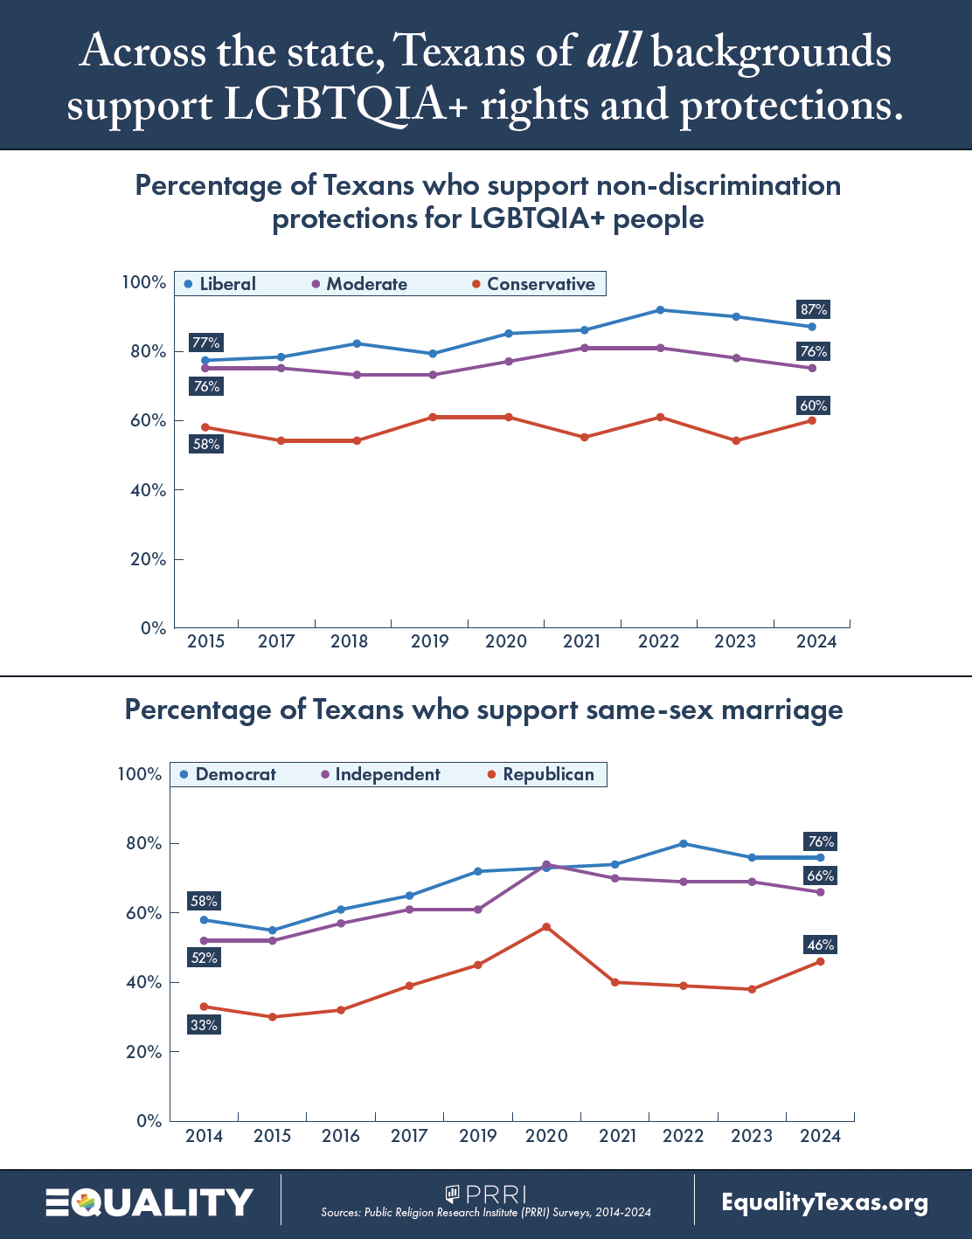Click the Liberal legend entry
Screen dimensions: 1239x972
pyautogui.click(x=220, y=284)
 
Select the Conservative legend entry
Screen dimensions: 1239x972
pyautogui.click(x=533, y=284)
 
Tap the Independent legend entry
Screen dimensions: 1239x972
pyautogui.click(x=381, y=774)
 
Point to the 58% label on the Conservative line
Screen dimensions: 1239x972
pyautogui.click(x=206, y=444)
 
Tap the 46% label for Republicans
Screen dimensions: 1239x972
pyautogui.click(x=821, y=945)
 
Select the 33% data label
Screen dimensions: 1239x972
pyautogui.click(x=204, y=1025)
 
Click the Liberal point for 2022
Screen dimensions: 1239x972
pyautogui.click(x=660, y=310)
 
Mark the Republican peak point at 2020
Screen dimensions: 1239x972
pyautogui.click(x=546, y=926)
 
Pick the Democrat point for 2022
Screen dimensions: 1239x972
pyautogui.click(x=684, y=843)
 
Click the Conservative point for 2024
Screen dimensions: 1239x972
pyautogui.click(x=812, y=420)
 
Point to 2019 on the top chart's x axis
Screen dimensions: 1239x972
pyautogui.click(x=430, y=641)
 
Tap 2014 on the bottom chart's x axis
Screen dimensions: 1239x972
pyautogui.click(x=204, y=1136)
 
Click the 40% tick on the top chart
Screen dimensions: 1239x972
pyautogui.click(x=148, y=490)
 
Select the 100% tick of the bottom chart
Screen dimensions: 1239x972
pyautogui.click(x=140, y=774)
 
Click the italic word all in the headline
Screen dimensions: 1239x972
pyautogui.click(x=614, y=52)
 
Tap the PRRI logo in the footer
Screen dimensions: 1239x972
pyautogui.click(x=486, y=1194)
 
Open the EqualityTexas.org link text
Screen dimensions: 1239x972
pyautogui.click(x=824, y=1202)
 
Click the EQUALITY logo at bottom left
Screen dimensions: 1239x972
pyautogui.click(x=149, y=1202)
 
